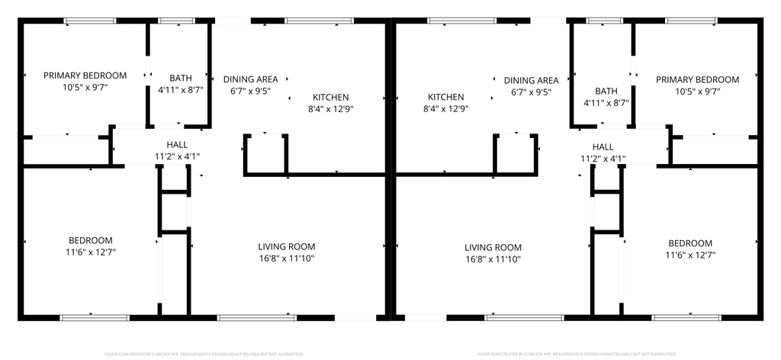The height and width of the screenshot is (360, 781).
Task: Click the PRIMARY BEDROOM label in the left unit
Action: (85, 76)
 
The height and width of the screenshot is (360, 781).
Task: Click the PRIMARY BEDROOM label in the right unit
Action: (697, 79)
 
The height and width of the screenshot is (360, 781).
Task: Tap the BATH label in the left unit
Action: (181, 78)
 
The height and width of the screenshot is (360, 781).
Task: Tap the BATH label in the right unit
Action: (606, 91)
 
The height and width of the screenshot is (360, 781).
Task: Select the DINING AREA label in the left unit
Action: (250, 79)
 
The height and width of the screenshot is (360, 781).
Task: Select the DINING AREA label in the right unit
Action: (531, 80)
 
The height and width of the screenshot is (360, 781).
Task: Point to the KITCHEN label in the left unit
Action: (331, 97)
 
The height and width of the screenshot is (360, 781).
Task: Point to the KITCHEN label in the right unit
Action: (446, 97)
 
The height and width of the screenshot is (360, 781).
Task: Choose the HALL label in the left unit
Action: (177, 144)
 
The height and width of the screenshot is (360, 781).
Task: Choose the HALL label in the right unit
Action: (603, 147)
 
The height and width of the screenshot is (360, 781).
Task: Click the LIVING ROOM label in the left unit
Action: (287, 246)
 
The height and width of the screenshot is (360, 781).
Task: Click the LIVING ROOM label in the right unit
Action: (493, 247)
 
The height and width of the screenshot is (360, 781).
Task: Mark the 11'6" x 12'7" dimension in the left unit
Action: (91, 252)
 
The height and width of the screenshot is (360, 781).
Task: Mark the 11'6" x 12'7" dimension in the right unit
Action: (690, 255)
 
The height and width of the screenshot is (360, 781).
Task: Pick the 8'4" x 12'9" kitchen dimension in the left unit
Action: (331, 108)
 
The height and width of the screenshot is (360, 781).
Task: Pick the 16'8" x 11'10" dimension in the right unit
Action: (493, 259)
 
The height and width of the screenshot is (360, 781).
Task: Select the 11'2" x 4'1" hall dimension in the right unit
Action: (603, 159)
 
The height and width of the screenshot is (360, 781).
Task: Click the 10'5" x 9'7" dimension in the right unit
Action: (697, 91)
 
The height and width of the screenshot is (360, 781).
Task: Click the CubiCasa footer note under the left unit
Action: (204, 354)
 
